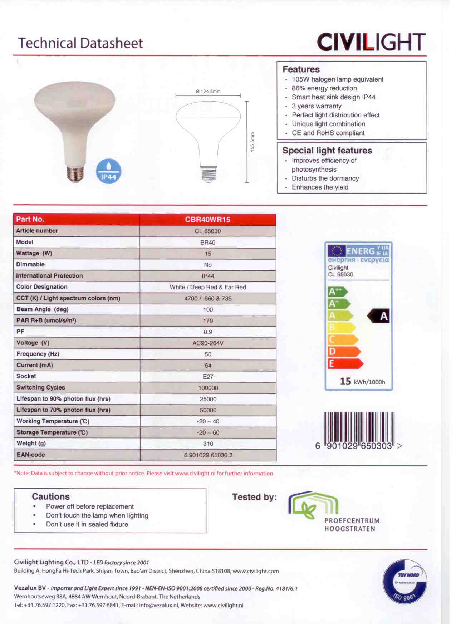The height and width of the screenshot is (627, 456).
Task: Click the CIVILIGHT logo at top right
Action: (371, 42)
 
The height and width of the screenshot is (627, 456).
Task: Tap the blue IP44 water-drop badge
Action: (109, 171)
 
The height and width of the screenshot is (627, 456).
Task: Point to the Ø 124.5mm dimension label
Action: (208, 91)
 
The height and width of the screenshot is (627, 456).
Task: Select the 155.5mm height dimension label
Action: (252, 142)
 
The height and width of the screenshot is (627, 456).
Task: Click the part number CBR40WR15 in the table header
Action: (208, 220)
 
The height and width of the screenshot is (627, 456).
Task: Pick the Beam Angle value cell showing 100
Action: (208, 310)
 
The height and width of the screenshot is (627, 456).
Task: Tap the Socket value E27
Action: (208, 377)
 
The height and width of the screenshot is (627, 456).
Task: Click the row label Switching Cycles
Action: (41, 387)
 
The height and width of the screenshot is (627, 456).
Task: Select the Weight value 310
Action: (208, 444)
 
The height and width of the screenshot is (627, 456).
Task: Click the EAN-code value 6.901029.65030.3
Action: (208, 455)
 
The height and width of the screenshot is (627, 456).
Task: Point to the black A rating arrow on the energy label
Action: (379, 316)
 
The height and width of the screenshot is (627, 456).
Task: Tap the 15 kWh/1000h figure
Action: (362, 382)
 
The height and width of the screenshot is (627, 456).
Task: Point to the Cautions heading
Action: (51, 496)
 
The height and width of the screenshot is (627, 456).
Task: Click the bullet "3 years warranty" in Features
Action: (317, 106)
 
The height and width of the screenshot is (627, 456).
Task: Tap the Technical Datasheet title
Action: (80, 43)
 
